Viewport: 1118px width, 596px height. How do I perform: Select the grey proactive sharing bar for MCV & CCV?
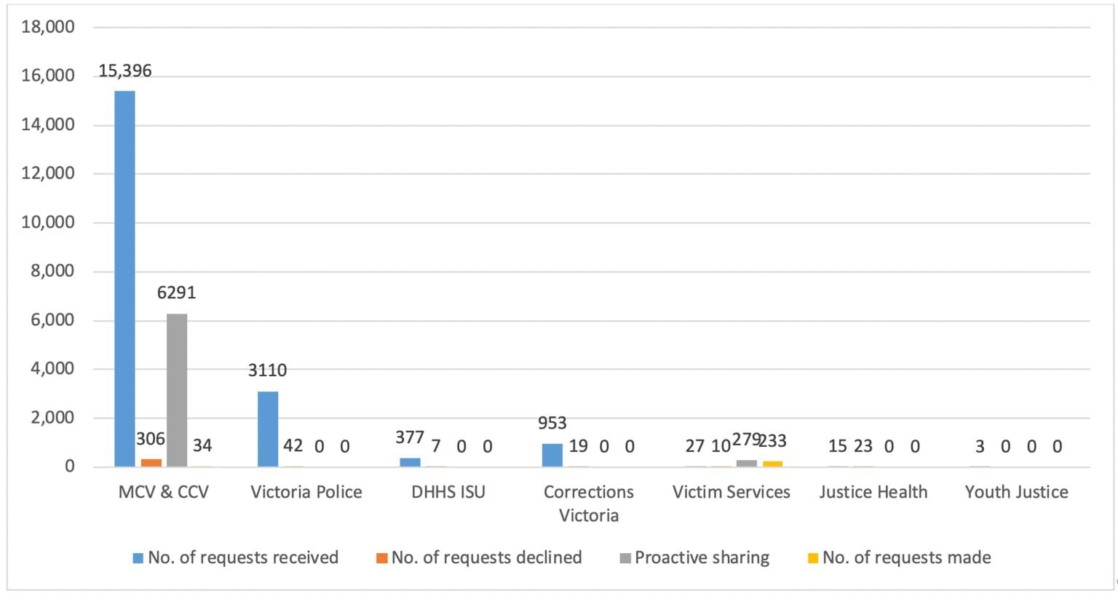pos(177,390)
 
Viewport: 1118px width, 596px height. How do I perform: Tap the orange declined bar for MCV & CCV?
pos(151,463)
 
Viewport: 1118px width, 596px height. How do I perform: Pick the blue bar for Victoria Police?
pos(267,429)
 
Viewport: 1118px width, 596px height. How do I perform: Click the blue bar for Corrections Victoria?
pos(552,455)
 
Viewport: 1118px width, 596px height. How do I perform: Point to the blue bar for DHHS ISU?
pos(410,462)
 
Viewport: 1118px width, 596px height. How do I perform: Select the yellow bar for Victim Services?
pos(772,464)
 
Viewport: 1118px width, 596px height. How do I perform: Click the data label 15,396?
pos(125,71)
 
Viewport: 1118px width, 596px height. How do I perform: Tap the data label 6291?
pos(177,293)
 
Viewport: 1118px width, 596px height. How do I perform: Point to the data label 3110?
pos(267,370)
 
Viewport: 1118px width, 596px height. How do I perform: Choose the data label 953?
pos(552,424)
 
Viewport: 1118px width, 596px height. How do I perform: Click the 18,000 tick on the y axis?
pos(49,28)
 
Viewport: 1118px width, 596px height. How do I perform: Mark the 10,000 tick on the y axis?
pos(49,223)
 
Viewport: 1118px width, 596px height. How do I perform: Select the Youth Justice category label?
pos(1016,493)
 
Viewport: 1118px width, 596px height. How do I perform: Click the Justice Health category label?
pos(873,493)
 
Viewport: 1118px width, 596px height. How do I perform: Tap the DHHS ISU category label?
pos(448,493)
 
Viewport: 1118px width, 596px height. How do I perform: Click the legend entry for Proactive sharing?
pos(702,558)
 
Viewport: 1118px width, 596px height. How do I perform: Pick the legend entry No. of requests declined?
pos(486,558)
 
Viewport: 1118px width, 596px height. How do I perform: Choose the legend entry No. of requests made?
pos(906,558)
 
